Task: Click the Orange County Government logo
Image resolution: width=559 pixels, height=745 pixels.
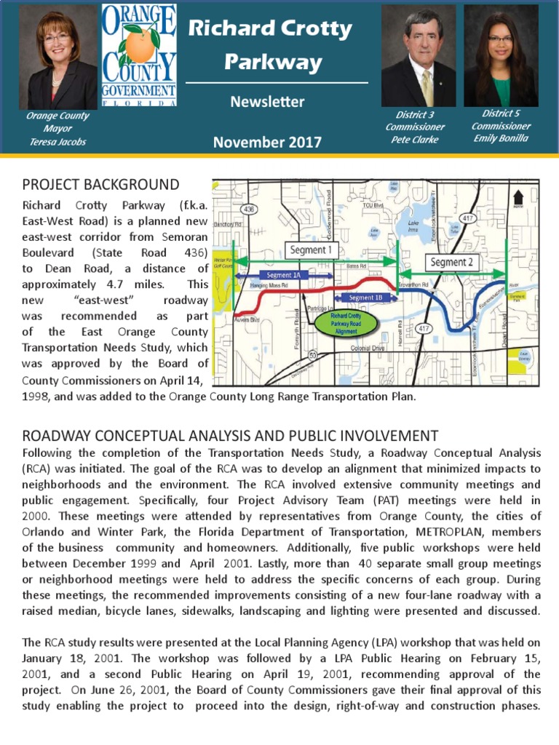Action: pyautogui.click(x=139, y=55)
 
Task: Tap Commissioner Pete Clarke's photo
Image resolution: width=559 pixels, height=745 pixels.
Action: pyautogui.click(x=419, y=56)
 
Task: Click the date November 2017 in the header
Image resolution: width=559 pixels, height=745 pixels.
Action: pyautogui.click(x=267, y=142)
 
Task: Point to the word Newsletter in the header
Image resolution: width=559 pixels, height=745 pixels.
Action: pyautogui.click(x=267, y=102)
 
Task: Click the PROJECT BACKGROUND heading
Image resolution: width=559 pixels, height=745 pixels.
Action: pyautogui.click(x=100, y=184)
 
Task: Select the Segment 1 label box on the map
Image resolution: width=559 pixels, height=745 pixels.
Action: pyautogui.click(x=310, y=250)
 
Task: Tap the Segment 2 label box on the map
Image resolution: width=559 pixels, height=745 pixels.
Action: pyautogui.click(x=450, y=261)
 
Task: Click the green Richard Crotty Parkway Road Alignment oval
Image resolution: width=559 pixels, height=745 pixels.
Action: pyautogui.click(x=346, y=323)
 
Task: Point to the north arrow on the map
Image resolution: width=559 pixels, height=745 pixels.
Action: pyautogui.click(x=518, y=198)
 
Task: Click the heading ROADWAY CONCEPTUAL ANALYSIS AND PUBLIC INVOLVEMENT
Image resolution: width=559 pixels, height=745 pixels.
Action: pyautogui.click(x=231, y=436)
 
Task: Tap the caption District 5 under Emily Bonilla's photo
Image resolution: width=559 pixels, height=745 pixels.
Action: pyautogui.click(x=501, y=113)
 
